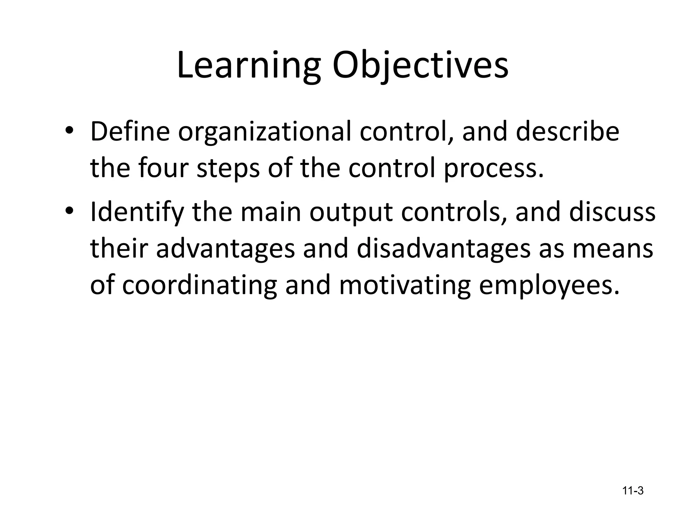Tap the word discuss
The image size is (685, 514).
click(612, 212)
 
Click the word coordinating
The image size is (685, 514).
click(199, 286)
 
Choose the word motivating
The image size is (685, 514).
click(405, 286)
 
